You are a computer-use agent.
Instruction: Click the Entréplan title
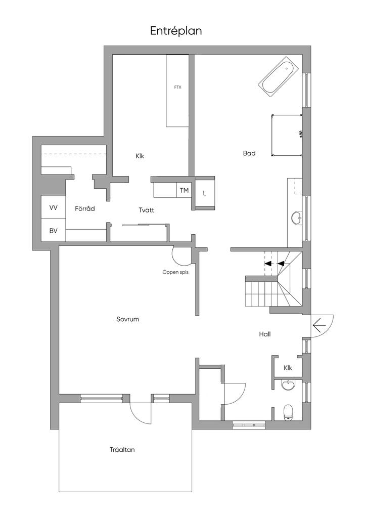(176, 31)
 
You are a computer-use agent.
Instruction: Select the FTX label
(177, 87)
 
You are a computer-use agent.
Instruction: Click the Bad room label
(249, 153)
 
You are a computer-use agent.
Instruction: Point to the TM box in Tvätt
(184, 190)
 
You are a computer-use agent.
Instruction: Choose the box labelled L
(205, 193)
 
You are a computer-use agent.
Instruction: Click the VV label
(54, 207)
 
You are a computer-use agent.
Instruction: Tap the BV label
(54, 231)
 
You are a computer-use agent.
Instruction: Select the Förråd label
(85, 208)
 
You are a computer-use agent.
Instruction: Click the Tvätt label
(146, 209)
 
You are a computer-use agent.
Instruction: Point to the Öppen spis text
(175, 272)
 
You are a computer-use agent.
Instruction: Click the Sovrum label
(127, 319)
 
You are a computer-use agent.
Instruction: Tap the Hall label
(265, 334)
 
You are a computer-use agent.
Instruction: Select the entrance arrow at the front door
(319, 326)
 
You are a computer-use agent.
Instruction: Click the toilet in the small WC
(289, 412)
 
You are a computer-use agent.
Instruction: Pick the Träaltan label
(125, 449)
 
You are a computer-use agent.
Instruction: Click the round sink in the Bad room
(296, 219)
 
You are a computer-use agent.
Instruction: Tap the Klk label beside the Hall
(288, 368)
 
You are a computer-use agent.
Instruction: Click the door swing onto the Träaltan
(141, 412)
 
